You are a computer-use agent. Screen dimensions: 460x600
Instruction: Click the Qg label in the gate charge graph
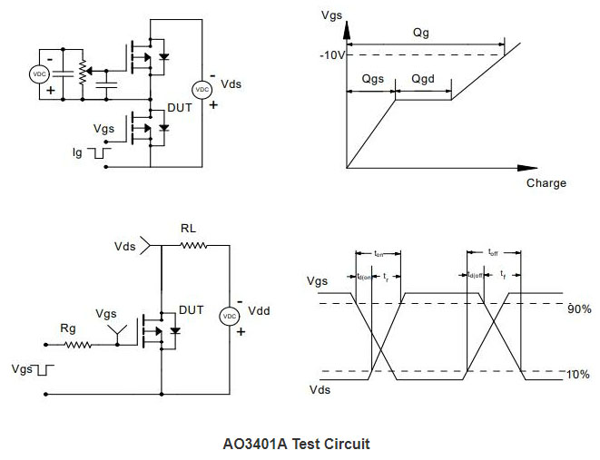pos(420,33)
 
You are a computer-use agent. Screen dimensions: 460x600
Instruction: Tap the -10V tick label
pos(332,54)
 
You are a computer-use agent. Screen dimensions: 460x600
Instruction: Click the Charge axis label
pos(546,183)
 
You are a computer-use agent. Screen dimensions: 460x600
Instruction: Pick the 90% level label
pos(579,309)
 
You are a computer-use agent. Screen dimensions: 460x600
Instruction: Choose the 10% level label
pos(579,374)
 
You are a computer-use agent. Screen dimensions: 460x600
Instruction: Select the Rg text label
pos(67,328)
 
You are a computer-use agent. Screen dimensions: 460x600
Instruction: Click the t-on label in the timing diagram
pos(380,255)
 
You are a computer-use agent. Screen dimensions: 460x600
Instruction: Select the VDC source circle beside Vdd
pos(230,315)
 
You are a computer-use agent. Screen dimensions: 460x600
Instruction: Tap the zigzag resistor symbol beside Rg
pos(76,345)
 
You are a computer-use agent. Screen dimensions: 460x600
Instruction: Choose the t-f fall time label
pos(504,275)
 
